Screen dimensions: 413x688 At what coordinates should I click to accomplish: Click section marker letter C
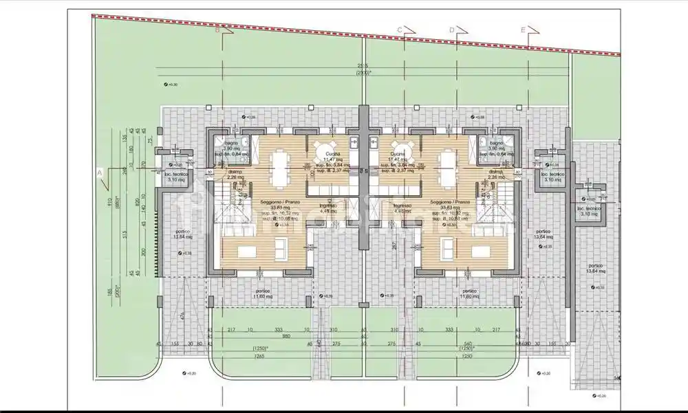399,29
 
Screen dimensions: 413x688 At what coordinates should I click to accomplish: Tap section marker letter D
452,29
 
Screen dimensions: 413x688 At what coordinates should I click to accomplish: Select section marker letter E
523,30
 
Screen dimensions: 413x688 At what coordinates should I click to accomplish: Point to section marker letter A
100,172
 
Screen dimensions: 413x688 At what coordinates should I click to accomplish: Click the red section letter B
217,30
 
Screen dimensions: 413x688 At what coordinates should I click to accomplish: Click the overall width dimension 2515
362,66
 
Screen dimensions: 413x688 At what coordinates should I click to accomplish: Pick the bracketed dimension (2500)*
362,73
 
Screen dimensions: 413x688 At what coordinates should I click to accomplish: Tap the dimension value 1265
259,356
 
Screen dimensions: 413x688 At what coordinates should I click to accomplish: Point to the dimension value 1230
468,356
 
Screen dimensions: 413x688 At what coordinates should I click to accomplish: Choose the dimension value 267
395,245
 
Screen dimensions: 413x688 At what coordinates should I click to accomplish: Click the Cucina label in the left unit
332,155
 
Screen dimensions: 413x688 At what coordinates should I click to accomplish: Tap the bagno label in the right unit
497,142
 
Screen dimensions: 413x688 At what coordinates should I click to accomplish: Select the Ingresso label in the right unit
402,206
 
